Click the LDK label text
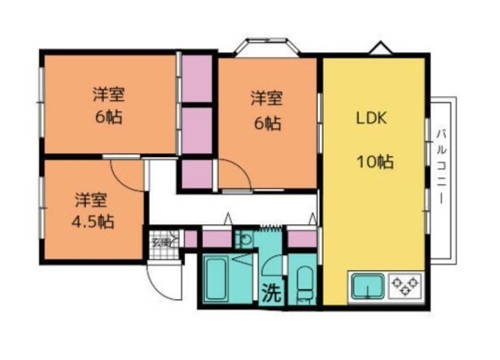[x=372, y=119]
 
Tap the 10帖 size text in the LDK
[x=374, y=163]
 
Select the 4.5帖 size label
[x=95, y=221]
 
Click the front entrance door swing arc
[x=166, y=280]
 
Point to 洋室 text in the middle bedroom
[x=266, y=98]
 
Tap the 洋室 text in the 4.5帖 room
[x=91, y=198]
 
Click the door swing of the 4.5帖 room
[x=130, y=171]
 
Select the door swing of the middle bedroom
[x=235, y=174]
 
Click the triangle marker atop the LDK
[x=380, y=48]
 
